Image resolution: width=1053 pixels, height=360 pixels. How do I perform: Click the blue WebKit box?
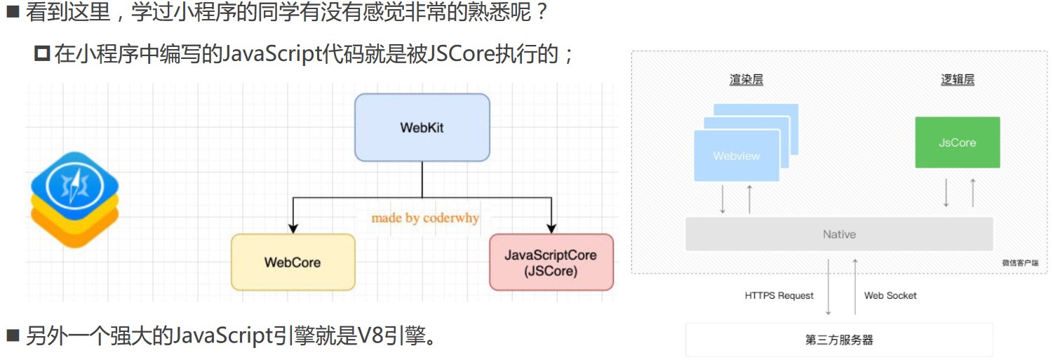coord(422,128)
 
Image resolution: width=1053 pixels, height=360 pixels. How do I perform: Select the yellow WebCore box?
coord(293,262)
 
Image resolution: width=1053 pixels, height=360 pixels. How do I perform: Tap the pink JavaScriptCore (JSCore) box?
coord(551,262)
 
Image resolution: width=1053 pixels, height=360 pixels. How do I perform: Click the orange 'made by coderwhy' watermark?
coord(425,218)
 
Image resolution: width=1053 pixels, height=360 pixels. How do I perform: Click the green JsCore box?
coord(957,142)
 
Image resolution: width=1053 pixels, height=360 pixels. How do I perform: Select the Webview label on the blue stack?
coord(737,156)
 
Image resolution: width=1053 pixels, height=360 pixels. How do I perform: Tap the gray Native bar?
coord(839,234)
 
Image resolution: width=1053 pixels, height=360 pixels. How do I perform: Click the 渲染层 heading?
coord(746,80)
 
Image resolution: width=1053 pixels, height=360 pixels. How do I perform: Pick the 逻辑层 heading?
coord(958,80)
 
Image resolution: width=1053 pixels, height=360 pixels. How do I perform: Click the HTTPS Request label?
coord(779,295)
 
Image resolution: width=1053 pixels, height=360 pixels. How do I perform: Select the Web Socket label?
coord(890,295)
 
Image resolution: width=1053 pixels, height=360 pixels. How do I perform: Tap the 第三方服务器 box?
coord(839,340)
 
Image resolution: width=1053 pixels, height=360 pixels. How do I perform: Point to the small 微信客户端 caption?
coord(1020,263)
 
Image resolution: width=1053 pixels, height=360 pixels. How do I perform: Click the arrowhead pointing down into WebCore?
coord(293,227)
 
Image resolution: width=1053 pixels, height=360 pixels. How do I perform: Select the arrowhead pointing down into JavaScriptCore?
coord(551,227)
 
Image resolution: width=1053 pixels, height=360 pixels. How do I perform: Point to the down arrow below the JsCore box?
coord(946,192)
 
